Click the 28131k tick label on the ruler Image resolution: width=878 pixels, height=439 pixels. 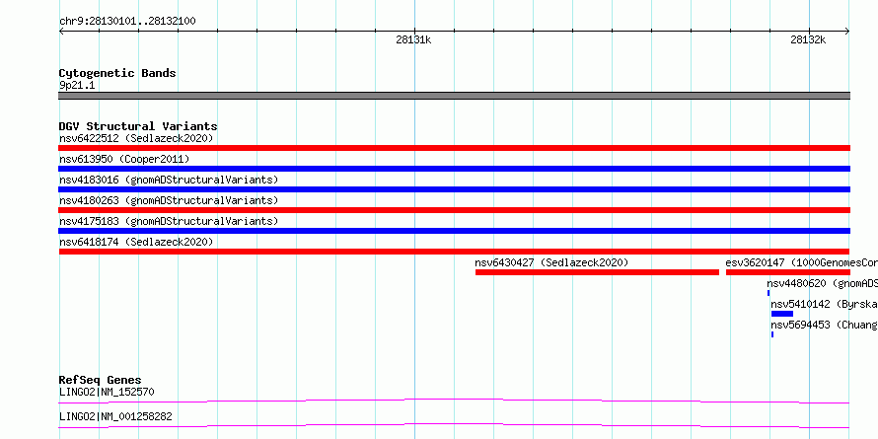[413, 39]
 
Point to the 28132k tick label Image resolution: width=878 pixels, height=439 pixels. [808, 39]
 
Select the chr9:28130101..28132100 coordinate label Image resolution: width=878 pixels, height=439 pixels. [127, 22]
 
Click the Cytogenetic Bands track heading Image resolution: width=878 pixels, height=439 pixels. [117, 73]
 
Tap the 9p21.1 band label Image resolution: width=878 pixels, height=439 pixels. [77, 85]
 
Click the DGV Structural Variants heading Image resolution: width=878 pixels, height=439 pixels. [138, 126]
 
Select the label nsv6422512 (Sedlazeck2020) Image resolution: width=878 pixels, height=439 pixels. [136, 138]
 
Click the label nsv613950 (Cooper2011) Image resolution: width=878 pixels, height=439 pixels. [124, 159]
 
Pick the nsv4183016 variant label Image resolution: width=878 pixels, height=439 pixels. [169, 180]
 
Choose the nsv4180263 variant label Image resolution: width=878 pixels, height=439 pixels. [169, 200]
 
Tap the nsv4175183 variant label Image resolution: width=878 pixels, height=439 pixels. [169, 221]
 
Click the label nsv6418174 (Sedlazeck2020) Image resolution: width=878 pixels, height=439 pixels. [136, 242]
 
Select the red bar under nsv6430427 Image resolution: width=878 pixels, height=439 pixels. [597, 272]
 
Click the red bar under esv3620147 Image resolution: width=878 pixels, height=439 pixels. [788, 272]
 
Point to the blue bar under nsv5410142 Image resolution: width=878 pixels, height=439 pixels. [781, 314]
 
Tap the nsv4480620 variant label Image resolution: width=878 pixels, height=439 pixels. [822, 283]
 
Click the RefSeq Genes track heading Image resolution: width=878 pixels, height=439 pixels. [101, 380]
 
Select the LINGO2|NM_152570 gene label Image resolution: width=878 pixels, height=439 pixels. [107, 392]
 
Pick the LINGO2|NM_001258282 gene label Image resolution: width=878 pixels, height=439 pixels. [115, 416]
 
